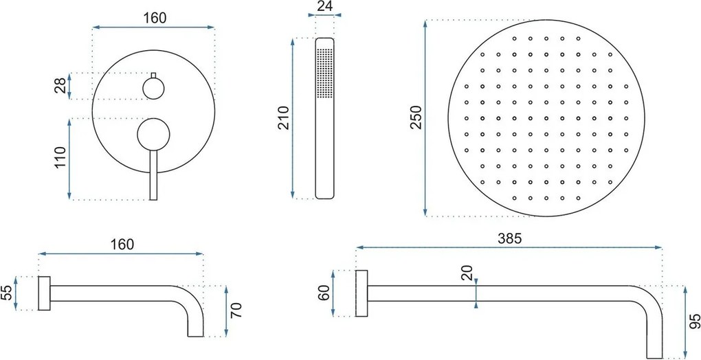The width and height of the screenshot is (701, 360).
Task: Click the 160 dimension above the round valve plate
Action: (155, 18)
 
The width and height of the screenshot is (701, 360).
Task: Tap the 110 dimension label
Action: (60, 158)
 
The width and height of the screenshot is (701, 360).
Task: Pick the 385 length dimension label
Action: (511, 239)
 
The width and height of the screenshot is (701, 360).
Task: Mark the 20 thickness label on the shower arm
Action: (467, 273)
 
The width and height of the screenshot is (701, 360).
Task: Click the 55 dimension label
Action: (6, 294)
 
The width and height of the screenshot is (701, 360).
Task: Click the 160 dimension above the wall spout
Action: (121, 244)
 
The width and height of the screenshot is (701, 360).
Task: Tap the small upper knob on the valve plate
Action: (153, 87)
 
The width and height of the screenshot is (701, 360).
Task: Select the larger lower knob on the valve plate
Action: (153, 134)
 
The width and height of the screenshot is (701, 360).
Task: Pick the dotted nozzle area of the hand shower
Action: (324, 76)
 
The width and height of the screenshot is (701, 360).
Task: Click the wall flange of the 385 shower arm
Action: (361, 294)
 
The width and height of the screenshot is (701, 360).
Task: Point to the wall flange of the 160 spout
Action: (45, 294)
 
